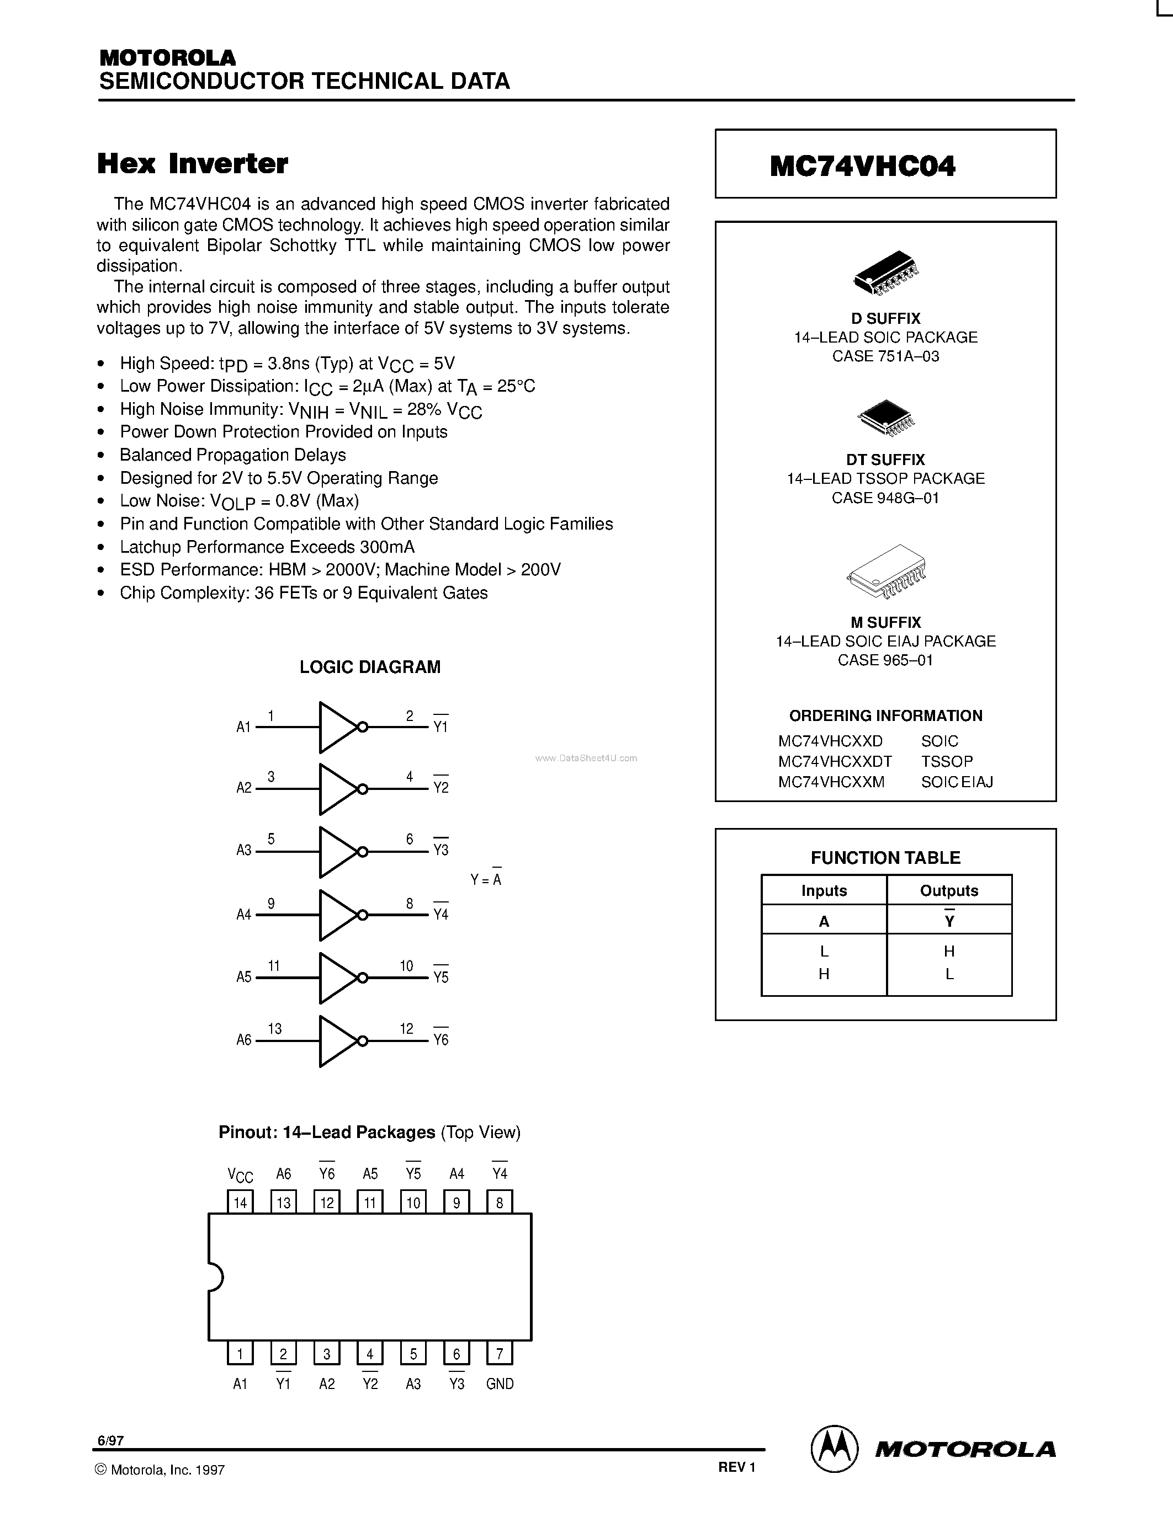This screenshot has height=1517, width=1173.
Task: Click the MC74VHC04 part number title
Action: [x=862, y=165]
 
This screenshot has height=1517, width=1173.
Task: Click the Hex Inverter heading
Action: [x=193, y=164]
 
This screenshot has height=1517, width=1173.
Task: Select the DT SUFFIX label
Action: [x=885, y=460]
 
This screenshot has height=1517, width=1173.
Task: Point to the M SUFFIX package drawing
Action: [x=887, y=571]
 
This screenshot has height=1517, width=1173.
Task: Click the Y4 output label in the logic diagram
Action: [x=440, y=915]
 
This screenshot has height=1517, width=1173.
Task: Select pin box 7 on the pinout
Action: [x=500, y=1353]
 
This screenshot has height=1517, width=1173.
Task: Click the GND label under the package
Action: [x=500, y=1384]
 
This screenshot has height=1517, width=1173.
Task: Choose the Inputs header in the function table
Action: [x=824, y=890]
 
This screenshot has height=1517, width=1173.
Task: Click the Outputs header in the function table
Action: [x=949, y=890]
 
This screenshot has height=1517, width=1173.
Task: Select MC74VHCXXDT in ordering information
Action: [x=835, y=761]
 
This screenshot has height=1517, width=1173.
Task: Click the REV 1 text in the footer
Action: [x=736, y=1467]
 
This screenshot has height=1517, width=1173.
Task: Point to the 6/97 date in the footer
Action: [x=110, y=1440]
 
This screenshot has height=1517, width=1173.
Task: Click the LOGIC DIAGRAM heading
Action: [x=370, y=667]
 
